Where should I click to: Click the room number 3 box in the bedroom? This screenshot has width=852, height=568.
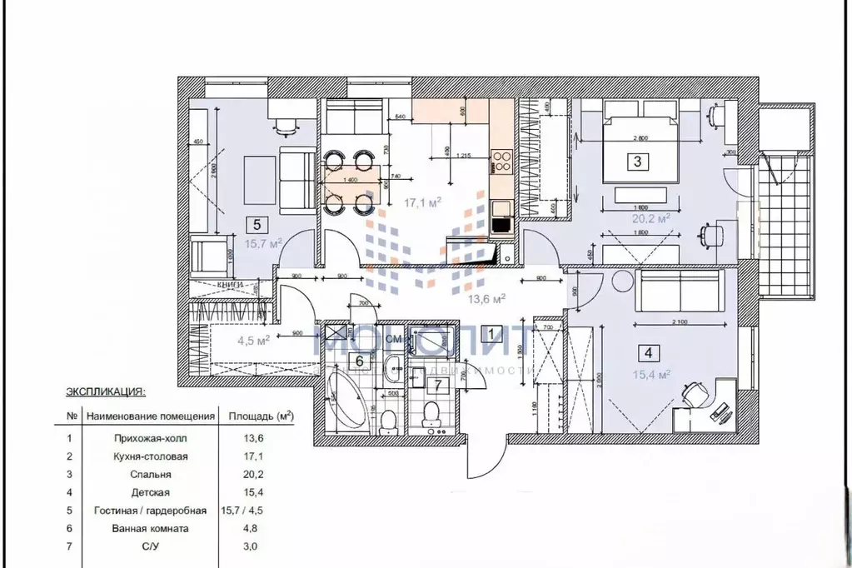637,162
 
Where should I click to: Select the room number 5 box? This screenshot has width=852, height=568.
257,223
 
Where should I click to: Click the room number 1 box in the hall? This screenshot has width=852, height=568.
492,335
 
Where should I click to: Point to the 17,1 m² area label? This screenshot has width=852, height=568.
422,202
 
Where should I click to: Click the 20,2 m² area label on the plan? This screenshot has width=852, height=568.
653,219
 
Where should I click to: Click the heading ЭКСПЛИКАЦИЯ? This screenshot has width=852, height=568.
106,390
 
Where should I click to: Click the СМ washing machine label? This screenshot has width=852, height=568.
395,340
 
